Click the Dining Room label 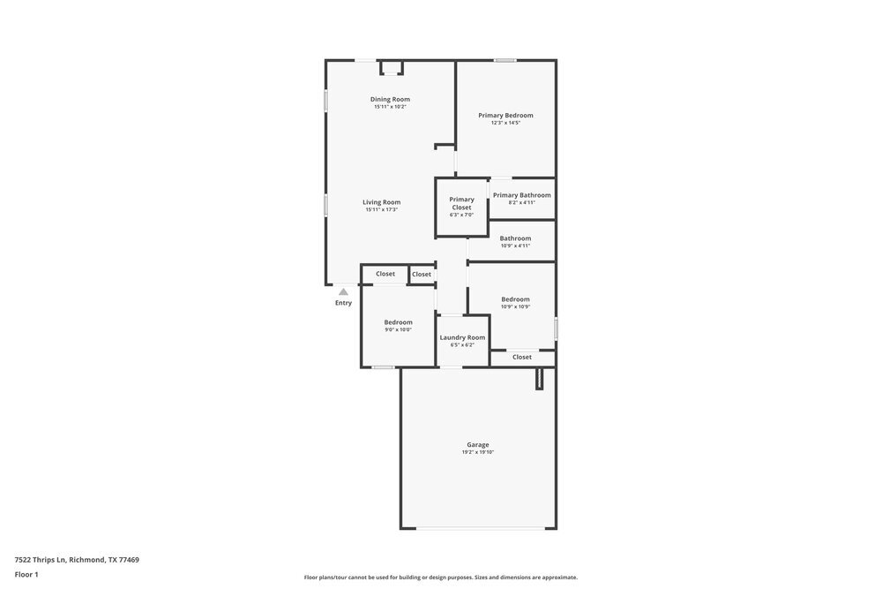(390, 99)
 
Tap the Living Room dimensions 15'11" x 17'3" (381, 209)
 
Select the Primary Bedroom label (505, 115)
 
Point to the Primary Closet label (461, 203)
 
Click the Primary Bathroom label (521, 195)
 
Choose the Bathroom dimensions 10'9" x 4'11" (515, 245)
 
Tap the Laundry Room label (462, 337)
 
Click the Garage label (477, 444)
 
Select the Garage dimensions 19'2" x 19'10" (477, 452)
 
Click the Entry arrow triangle (343, 291)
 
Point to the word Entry (343, 303)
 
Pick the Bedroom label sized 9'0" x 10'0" (398, 322)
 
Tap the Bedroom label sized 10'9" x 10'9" (515, 299)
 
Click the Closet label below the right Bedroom (522, 357)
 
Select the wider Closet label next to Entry (385, 274)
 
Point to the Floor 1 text (26, 574)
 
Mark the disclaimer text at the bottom (441, 577)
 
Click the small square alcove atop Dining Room (391, 68)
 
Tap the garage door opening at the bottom (477, 528)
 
